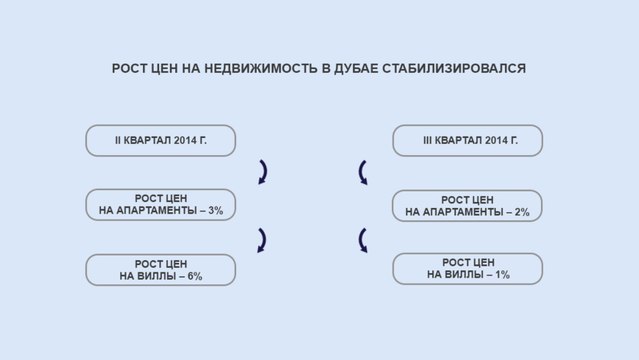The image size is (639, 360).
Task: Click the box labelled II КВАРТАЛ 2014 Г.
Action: pyautogui.click(x=160, y=140)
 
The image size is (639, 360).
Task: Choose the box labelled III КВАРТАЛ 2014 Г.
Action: pyautogui.click(x=467, y=140)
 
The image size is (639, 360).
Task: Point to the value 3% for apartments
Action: pyautogui.click(x=213, y=211)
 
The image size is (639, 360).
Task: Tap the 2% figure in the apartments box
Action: pyautogui.click(x=520, y=212)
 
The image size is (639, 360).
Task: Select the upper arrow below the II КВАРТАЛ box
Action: pyautogui.click(x=261, y=172)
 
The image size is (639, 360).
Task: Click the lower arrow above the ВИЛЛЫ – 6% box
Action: pyautogui.click(x=261, y=240)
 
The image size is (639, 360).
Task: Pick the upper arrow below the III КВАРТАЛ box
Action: pyautogui.click(x=363, y=172)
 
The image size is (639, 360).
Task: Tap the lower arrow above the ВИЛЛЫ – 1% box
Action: pyautogui.click(x=363, y=240)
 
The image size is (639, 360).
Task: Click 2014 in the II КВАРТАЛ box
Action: pyautogui.click(x=184, y=140)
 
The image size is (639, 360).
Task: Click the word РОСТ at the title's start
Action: pyautogui.click(x=130, y=69)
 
